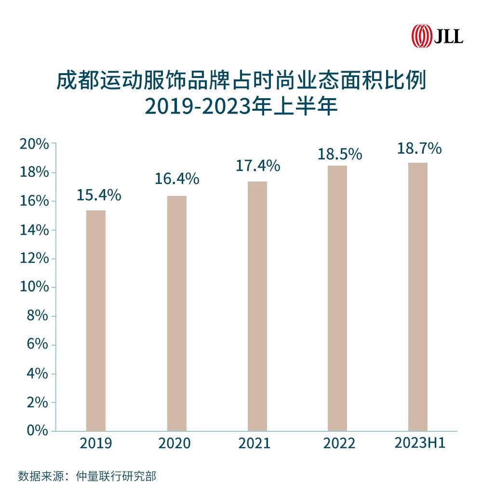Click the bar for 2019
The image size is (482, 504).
96,320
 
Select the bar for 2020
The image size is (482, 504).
176,313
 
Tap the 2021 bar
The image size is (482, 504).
257,306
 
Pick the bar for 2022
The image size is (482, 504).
337,298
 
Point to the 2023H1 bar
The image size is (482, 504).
417,297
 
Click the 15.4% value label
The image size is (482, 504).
99,195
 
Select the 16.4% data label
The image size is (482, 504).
177,179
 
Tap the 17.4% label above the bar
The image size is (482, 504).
258,166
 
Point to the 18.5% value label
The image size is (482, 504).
339,154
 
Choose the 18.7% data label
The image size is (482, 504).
419,149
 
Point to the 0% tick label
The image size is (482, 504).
37,430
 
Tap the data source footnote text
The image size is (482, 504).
87,477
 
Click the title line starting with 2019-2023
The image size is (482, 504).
241,107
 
